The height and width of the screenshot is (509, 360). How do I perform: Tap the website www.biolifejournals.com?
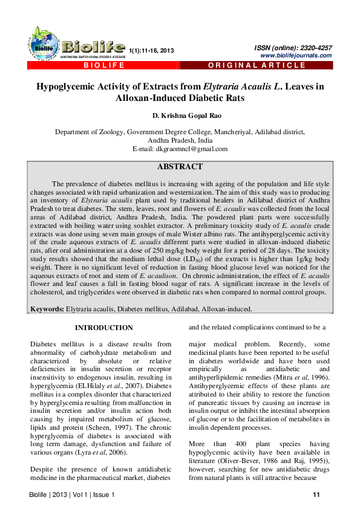pyautogui.click(x=295, y=56)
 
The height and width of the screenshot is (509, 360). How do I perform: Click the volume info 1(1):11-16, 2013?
pyautogui.click(x=152, y=50)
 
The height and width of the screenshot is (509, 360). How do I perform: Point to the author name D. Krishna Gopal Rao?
pyautogui.click(x=180, y=115)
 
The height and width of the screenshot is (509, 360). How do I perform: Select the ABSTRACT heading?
pyautogui.click(x=180, y=167)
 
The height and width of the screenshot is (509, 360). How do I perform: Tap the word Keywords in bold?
pyautogui.click(x=47, y=308)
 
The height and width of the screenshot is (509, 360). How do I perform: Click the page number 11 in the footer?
pyautogui.click(x=316, y=496)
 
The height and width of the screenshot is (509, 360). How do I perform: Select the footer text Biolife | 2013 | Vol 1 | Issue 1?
pyautogui.click(x=72, y=496)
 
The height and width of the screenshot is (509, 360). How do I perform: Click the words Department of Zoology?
pyautogui.click(x=90, y=131)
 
